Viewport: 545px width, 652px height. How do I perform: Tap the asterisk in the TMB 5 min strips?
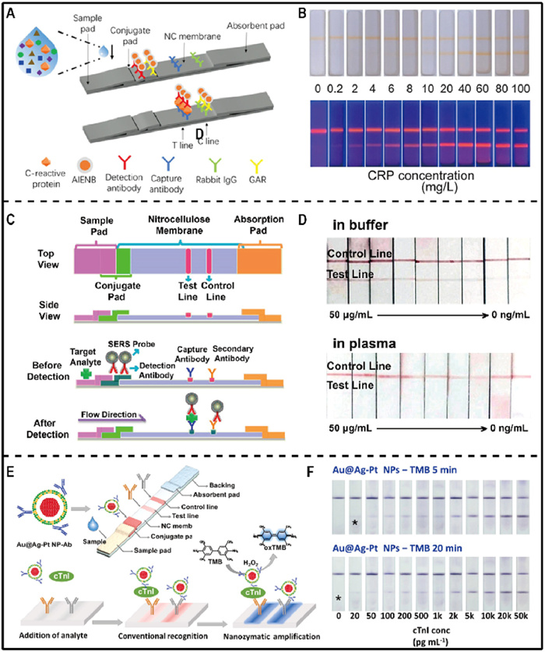354,520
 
